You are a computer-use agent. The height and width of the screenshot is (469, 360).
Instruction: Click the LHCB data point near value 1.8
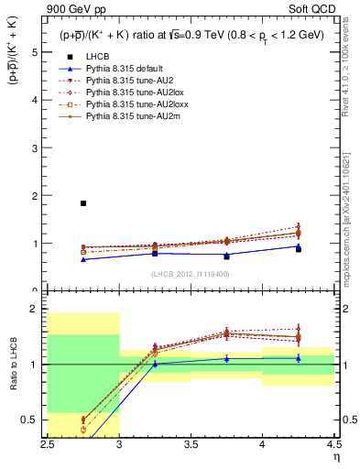[x=83, y=203]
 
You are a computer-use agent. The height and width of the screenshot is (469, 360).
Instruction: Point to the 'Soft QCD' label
[x=318, y=7]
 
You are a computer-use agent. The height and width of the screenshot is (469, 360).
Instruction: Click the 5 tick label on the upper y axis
[x=35, y=52]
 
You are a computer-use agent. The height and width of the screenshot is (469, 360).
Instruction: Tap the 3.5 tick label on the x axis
[x=191, y=442]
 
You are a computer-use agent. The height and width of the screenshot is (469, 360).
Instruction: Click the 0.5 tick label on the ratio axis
[x=29, y=420]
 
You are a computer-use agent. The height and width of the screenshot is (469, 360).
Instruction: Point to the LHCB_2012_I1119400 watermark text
[x=191, y=274]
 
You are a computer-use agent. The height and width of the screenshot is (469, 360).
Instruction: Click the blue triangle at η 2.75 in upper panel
[x=83, y=259]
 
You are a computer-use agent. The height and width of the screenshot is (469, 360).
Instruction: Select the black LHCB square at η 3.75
[x=226, y=256]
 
